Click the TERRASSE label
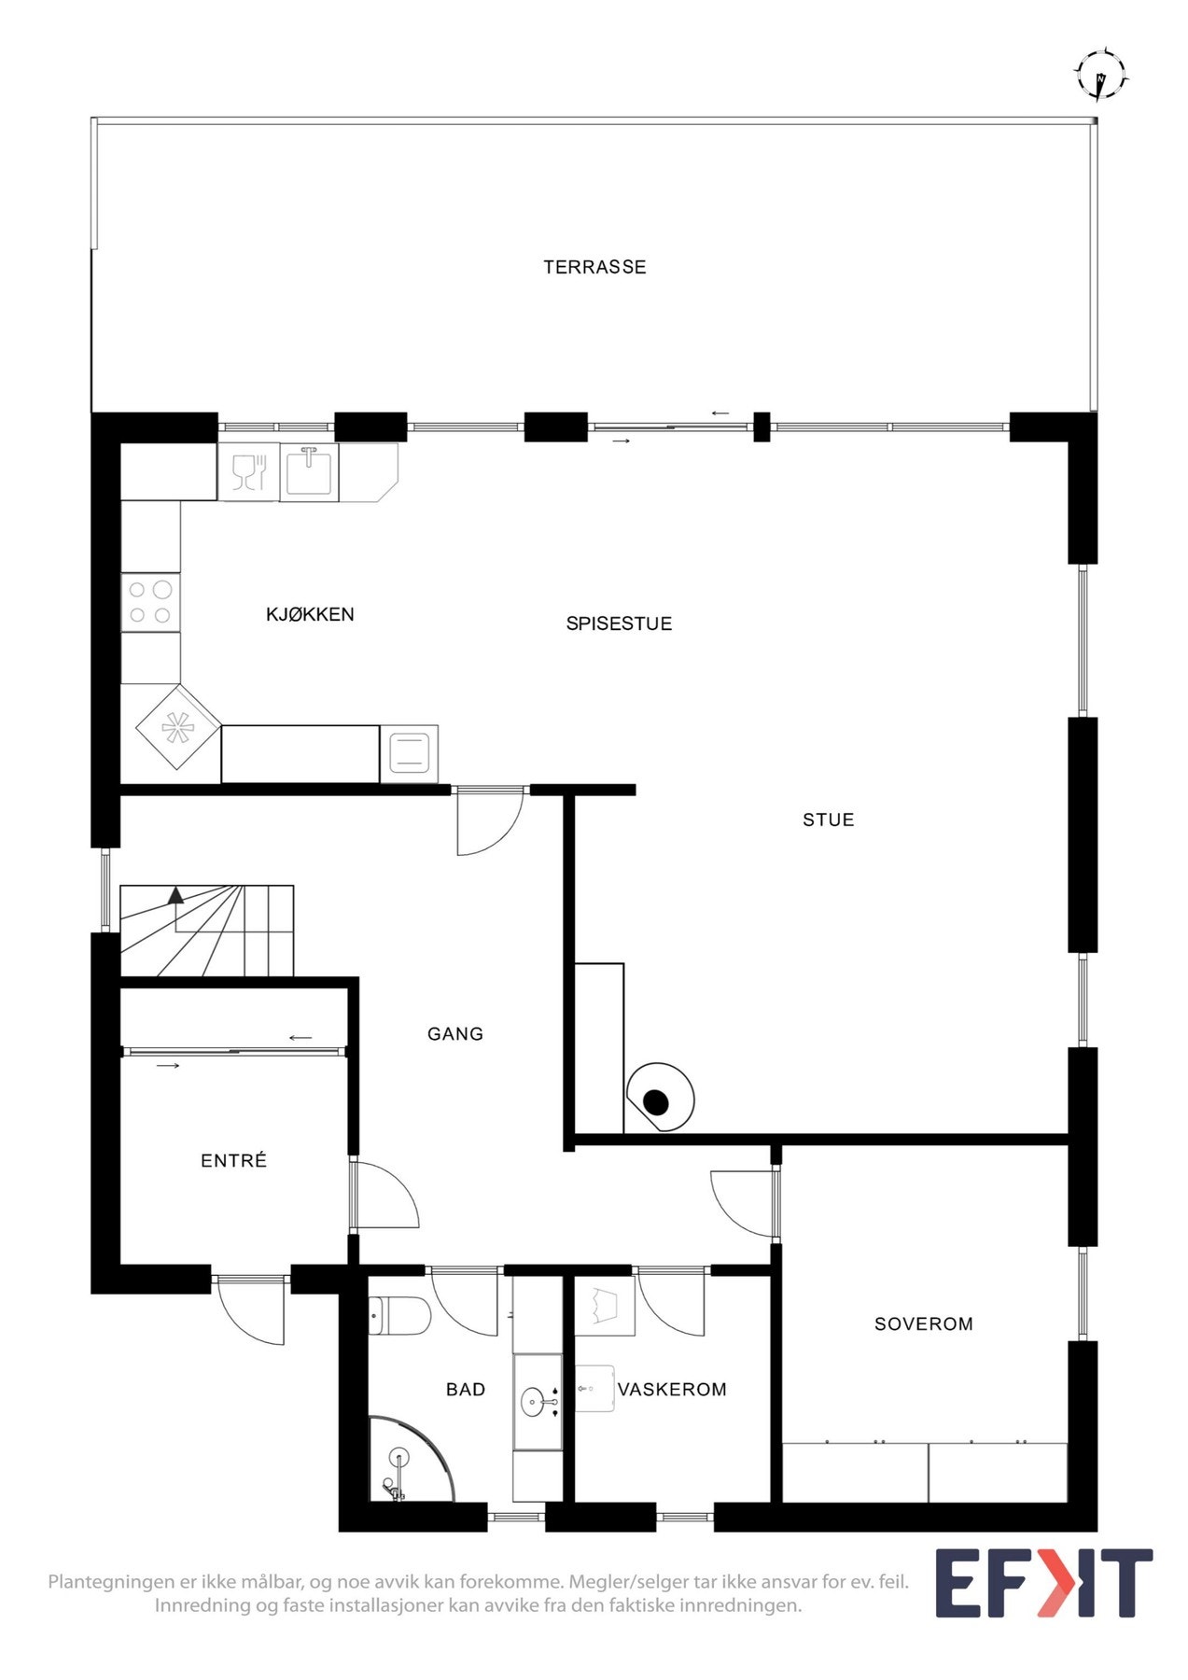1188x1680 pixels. point(594,267)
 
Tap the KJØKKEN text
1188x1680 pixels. point(310,614)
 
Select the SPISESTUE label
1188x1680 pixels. point(619,623)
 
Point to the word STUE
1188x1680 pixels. point(828,819)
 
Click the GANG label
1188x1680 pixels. point(455,1033)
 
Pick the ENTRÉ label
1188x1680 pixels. point(234,1160)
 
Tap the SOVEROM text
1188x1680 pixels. point(923,1323)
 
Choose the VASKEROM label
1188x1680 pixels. point(672,1389)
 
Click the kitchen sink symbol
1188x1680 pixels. point(309,471)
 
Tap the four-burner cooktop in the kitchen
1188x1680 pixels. point(150,602)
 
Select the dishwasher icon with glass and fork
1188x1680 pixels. point(249,471)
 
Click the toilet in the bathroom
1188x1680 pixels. point(399,1316)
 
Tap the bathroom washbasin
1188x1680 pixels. point(536,1402)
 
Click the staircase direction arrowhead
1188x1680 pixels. point(175,895)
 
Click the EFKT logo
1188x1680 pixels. point(1044,1583)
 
